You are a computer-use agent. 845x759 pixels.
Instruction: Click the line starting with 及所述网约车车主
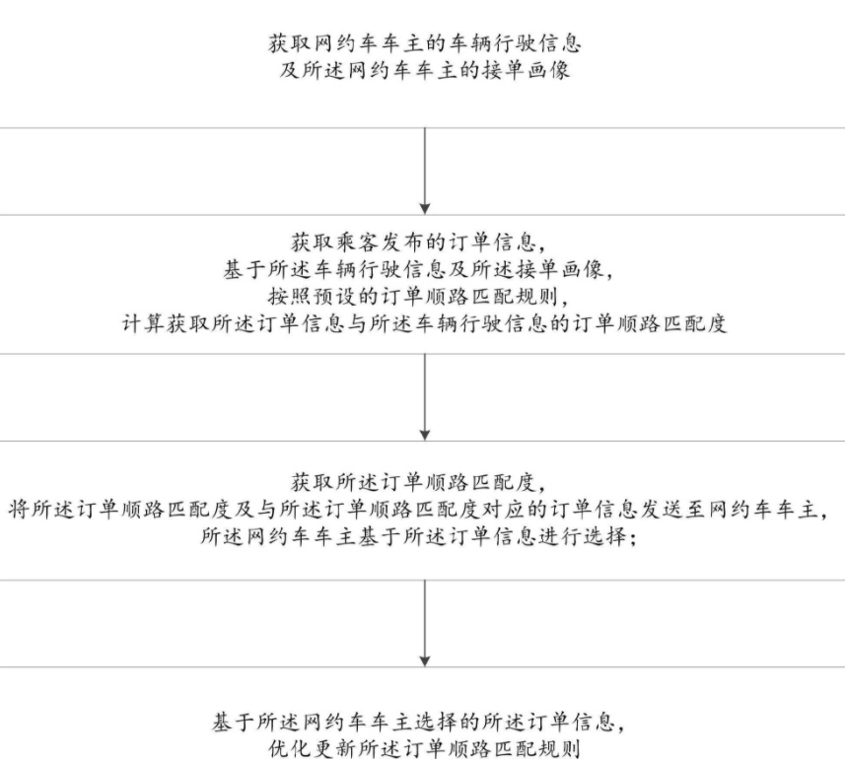click(x=425, y=71)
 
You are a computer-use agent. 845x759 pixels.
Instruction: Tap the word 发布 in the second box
click(x=403, y=242)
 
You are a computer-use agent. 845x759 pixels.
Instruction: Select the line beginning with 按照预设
click(x=418, y=297)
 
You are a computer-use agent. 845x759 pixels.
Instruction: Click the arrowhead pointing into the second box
click(x=425, y=208)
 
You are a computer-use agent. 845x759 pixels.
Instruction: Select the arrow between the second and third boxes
click(x=425, y=397)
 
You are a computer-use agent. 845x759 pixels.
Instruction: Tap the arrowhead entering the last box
click(x=425, y=661)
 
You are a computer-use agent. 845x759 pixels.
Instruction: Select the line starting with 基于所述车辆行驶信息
click(x=418, y=269)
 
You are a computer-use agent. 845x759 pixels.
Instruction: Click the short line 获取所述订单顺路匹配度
click(x=418, y=482)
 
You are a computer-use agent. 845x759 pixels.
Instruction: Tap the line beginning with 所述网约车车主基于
click(x=419, y=536)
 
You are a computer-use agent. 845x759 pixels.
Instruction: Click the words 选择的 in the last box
click(x=448, y=722)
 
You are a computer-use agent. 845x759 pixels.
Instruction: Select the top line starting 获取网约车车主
click(x=425, y=43)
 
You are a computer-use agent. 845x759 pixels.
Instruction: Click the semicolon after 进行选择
click(x=633, y=537)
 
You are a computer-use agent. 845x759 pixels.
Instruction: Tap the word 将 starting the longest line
click(x=19, y=509)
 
